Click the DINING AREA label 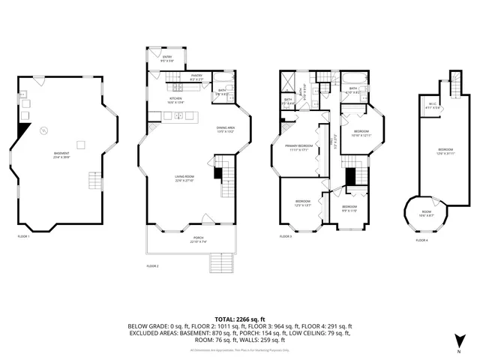click(x=226, y=129)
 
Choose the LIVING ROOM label click(x=184, y=178)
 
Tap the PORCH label click(x=196, y=239)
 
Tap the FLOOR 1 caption click(x=23, y=237)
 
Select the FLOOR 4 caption click(x=422, y=240)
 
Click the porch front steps click(x=220, y=262)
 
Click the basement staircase click(x=94, y=181)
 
